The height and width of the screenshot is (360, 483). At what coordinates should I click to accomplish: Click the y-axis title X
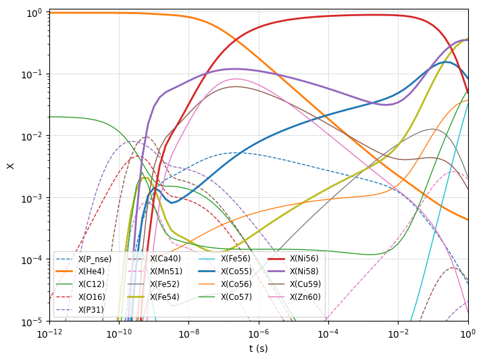click(10, 166)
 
